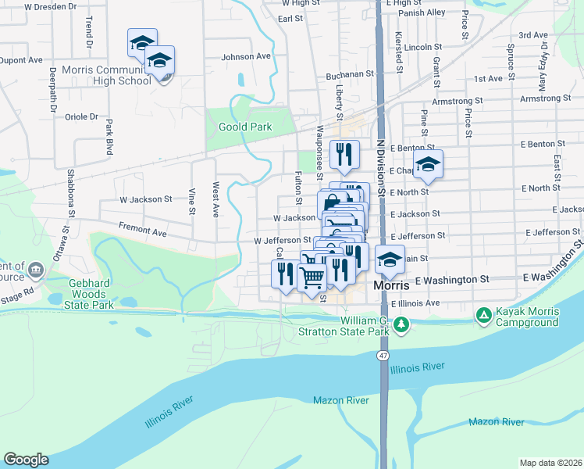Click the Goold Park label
245,127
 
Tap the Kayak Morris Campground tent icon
483,316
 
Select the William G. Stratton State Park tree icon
401,324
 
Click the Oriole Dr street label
82,116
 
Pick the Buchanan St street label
346,75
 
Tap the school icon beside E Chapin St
427,165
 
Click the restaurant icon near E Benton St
344,154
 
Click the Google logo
26,460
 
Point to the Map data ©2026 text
550,463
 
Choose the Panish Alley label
426,13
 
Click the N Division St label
381,167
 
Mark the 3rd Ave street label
533,35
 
